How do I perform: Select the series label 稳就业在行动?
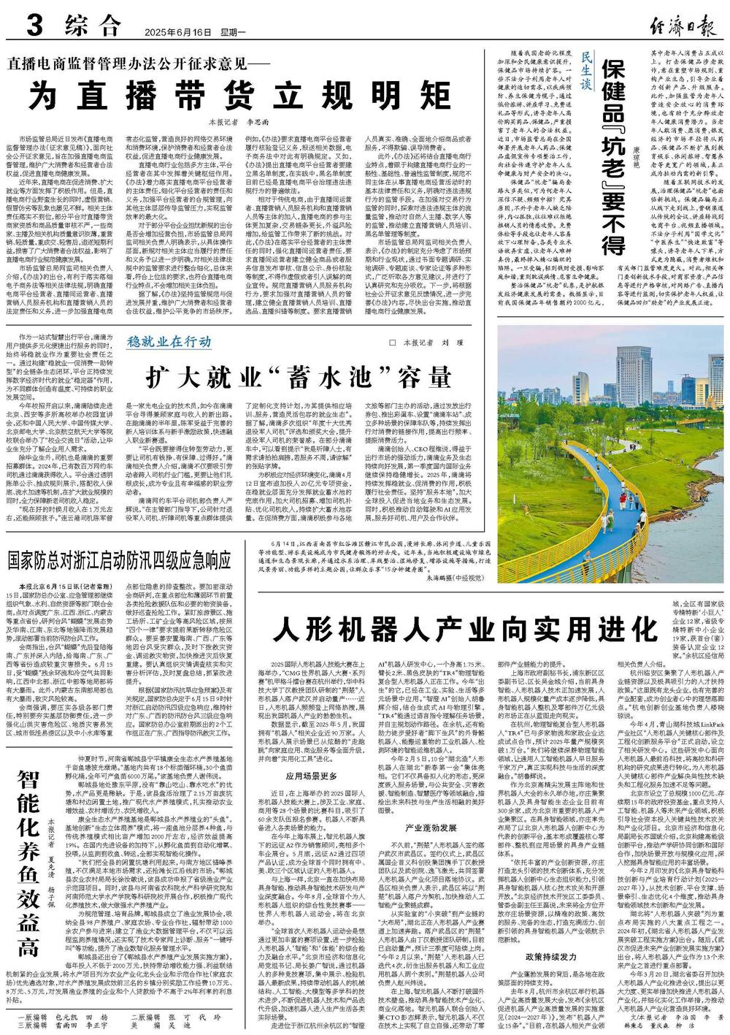[x=169, y=341]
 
